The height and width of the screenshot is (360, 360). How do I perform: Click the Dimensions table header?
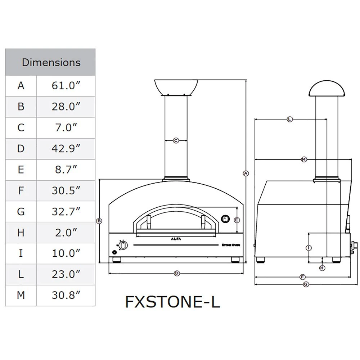pos(50,62)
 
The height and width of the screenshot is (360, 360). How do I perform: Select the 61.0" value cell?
pos(66,86)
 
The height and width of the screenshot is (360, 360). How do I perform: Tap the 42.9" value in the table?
pos(66,148)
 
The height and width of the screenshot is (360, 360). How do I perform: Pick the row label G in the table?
pos(21,211)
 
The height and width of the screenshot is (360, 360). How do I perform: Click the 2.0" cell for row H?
pos(66,232)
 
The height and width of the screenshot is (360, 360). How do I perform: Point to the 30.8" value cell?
pos(66,295)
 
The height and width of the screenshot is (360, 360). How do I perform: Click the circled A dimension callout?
pos(246,173)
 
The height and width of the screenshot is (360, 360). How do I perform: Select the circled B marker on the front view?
pos(99,221)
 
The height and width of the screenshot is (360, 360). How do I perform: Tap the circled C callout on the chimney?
pos(176,141)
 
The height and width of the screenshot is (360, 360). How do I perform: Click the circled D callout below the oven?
pos(177,274)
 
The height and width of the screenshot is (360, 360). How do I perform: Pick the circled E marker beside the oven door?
pos(237,220)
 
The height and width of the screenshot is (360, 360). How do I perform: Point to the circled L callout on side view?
pos(290,119)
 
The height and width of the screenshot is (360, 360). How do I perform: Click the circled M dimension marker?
pos(303,159)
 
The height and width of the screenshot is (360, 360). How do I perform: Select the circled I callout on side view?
pos(309,248)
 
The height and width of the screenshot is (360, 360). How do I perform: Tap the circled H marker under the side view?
pos(322,268)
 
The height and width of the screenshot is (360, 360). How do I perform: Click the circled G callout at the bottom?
pos(306,284)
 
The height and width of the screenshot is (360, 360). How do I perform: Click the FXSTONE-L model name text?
pos(172,302)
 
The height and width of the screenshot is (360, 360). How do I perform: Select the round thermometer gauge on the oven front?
pos(225,219)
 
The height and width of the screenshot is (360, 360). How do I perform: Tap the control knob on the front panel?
pos(123,246)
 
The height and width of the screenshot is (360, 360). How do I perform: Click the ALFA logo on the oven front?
pos(176,238)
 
